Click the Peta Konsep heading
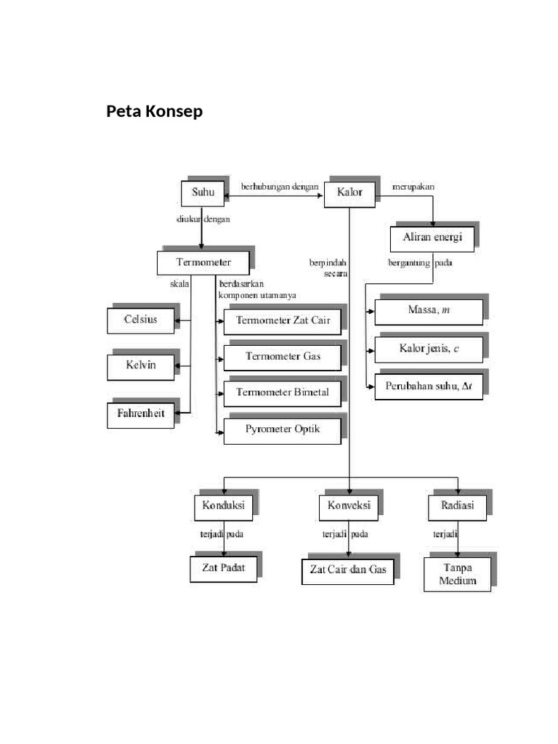[x=155, y=112]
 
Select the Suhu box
[x=203, y=193]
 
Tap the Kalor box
[x=349, y=193]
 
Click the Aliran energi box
[x=432, y=238]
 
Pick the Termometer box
[x=203, y=262]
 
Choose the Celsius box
[x=141, y=320]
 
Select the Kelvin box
[x=141, y=366]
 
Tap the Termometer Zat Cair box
[x=282, y=320]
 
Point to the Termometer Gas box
[x=282, y=357]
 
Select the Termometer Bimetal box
[x=282, y=393]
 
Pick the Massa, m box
[x=429, y=312]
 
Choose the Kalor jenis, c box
[x=429, y=349]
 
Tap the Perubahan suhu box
[x=429, y=387]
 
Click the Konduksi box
[x=223, y=506]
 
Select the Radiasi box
[x=458, y=506]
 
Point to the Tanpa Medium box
[x=458, y=573]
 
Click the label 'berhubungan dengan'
[x=280, y=187]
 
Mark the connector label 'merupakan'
[x=413, y=187]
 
